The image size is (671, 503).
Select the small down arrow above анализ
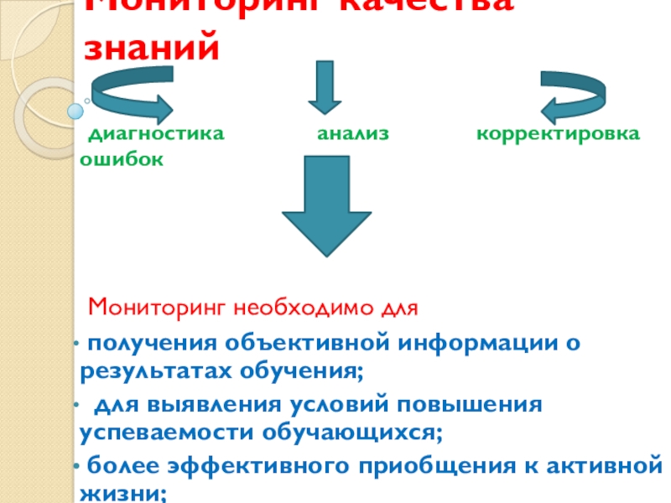point(325,86)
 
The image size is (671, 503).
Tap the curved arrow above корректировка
point(580,92)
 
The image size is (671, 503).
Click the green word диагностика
point(157,134)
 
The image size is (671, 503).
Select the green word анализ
point(353,134)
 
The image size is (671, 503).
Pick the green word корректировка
point(558,134)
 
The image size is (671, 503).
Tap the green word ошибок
point(122,158)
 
